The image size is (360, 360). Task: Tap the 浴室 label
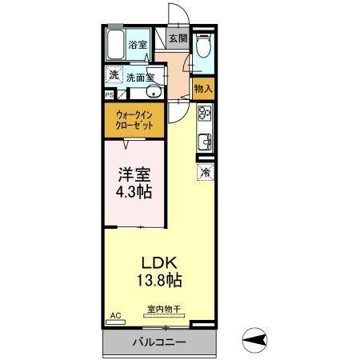pyautogui.click(x=138, y=45)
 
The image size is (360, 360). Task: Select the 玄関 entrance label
pyautogui.click(x=178, y=38)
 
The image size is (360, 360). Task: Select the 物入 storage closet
pyautogui.click(x=203, y=88)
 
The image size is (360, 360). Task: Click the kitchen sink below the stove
pyautogui.click(x=204, y=143)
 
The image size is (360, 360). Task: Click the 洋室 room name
pyautogui.click(x=132, y=173)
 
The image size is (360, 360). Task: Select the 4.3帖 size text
pyautogui.click(x=133, y=193)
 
